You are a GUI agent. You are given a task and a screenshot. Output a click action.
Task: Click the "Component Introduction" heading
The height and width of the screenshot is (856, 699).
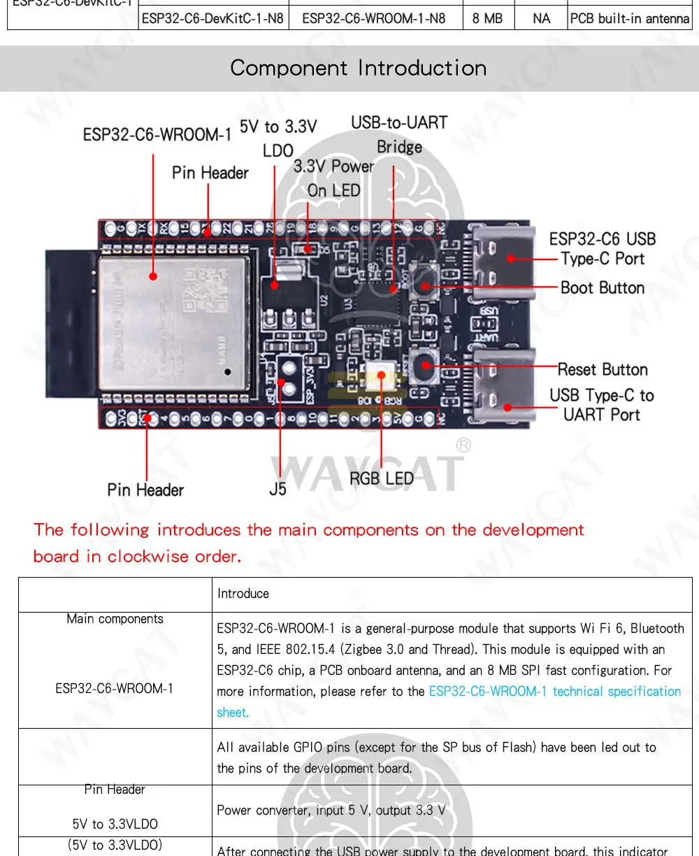coord(358,69)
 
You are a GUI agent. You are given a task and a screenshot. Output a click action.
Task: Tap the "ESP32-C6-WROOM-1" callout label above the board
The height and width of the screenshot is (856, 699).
coord(157,134)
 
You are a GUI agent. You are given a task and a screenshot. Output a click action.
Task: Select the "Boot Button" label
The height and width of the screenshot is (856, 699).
coord(602,288)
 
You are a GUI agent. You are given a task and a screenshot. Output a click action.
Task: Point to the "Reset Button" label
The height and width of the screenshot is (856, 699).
coord(603,369)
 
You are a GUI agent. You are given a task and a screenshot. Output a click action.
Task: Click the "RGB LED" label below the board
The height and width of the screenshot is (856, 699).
coord(382,479)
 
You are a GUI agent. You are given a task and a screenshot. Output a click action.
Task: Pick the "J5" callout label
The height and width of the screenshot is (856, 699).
coord(278,489)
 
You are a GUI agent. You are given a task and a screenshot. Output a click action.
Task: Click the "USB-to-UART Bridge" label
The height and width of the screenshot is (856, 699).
coord(399,134)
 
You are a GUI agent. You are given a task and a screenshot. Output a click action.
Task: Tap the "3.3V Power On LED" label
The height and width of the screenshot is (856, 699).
coord(334,178)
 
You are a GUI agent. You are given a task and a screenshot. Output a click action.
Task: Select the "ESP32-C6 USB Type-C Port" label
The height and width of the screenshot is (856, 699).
coord(602,249)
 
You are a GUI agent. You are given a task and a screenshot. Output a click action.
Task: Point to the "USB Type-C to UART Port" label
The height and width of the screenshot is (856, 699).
coord(601,405)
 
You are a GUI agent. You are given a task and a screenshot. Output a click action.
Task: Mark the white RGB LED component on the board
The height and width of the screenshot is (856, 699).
coord(382,374)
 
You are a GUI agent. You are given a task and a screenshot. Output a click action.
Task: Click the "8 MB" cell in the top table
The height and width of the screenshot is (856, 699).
coord(487,19)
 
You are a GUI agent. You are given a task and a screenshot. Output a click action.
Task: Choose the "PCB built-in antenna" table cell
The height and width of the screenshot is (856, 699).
coord(629,19)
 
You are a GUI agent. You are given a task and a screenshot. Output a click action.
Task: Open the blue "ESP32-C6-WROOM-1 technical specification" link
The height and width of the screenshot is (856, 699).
coord(554,692)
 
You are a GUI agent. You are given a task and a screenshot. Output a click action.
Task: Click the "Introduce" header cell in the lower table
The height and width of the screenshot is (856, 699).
coord(243,594)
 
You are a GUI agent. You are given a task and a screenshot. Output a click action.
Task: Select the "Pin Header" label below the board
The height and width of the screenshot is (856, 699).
coord(145,490)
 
